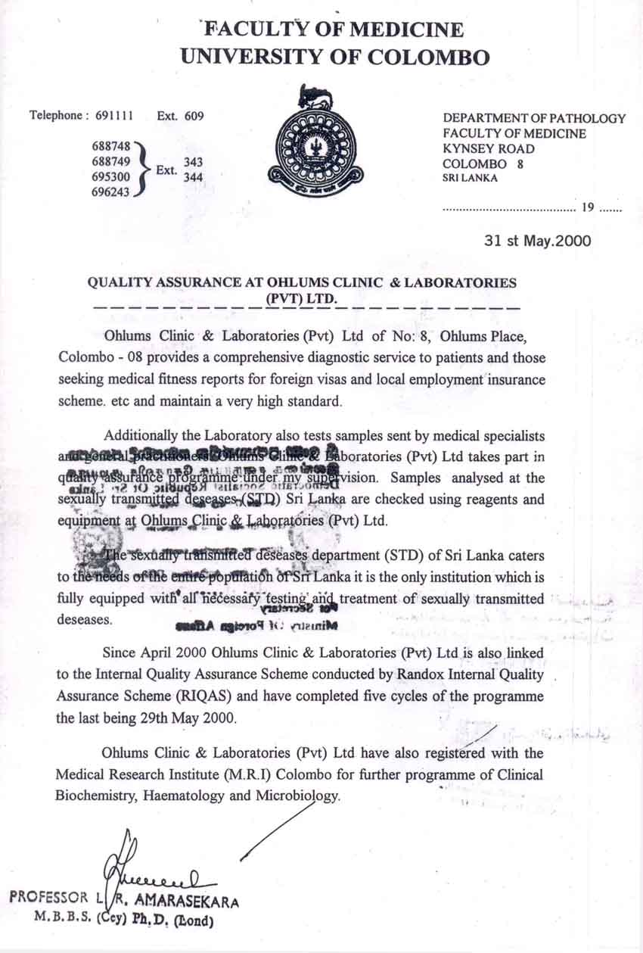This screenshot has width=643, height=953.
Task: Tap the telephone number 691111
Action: tap(115, 116)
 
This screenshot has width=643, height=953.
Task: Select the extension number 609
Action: tap(193, 116)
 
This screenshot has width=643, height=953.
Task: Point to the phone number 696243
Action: tap(110, 193)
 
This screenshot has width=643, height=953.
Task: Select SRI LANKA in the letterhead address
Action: tap(471, 179)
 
